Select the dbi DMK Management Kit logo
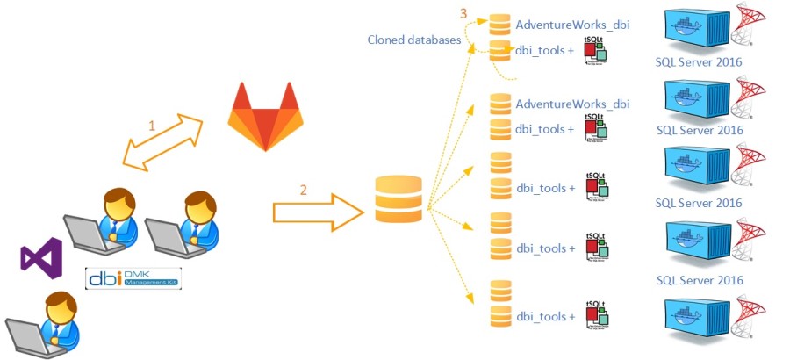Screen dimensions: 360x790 tap(133, 277)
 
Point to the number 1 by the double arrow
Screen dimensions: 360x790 tap(151, 126)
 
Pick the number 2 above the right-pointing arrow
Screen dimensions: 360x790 tap(304, 189)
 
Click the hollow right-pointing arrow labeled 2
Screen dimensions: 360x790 tap(318, 212)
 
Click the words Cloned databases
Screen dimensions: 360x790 tap(413, 40)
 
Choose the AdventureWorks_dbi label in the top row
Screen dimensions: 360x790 tap(572, 25)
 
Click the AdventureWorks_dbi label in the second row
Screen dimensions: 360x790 tap(572, 104)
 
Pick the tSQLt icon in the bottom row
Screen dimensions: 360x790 tap(596, 313)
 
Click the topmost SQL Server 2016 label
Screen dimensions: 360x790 tap(699, 62)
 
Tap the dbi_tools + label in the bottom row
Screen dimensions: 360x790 tap(545, 316)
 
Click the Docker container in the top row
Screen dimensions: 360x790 tap(697, 31)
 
